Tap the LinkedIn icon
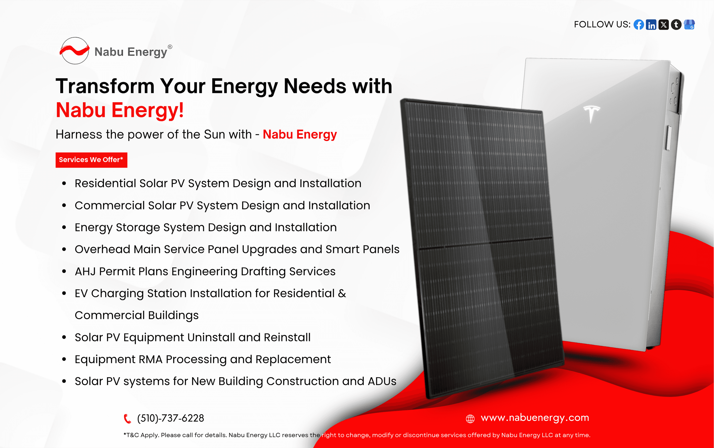(651, 25)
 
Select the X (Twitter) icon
(664, 25)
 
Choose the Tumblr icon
(676, 25)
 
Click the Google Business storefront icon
(689, 25)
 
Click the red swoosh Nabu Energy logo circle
(74, 51)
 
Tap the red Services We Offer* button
(91, 160)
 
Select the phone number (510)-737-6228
(170, 418)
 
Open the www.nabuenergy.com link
(535, 418)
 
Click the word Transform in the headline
(105, 86)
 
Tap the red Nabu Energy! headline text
(120, 110)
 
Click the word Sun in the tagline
(214, 134)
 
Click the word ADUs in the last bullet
(382, 381)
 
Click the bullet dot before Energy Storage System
(64, 228)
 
